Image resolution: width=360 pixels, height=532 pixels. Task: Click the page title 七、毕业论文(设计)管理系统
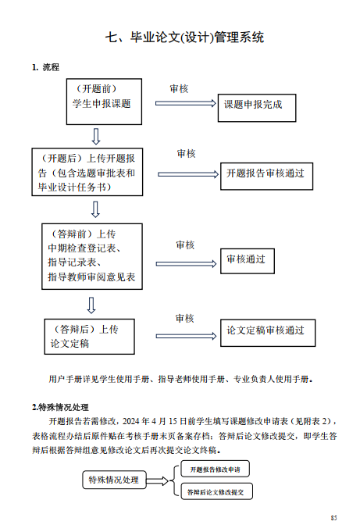[184, 37]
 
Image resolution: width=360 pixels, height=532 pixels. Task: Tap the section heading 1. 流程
[45, 67]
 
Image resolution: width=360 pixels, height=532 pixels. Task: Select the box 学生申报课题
[104, 102]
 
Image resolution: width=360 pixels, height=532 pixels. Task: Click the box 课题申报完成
[257, 108]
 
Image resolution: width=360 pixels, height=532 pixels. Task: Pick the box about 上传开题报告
[87, 172]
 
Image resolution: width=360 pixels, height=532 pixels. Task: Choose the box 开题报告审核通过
[267, 176]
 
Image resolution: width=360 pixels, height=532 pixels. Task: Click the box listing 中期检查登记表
[92, 256]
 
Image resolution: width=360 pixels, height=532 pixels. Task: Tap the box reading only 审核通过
[248, 261]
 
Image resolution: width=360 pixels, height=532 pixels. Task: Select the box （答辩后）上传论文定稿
[90, 337]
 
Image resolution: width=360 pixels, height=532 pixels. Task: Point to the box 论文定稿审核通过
[268, 333]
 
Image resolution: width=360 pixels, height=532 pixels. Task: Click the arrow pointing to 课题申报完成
[186, 103]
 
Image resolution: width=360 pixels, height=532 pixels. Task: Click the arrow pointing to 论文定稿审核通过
[186, 336]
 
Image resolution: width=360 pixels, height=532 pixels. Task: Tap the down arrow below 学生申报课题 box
[96, 137]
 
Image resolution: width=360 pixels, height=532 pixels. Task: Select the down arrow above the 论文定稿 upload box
[91, 305]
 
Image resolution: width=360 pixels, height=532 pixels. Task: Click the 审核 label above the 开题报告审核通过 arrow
[186, 154]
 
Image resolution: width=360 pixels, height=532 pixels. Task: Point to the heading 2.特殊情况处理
[60, 407]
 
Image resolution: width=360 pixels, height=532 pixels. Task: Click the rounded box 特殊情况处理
[114, 480]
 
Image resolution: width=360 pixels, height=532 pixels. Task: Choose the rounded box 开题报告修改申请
[215, 470]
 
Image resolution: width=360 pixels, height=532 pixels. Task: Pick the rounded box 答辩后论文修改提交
[216, 491]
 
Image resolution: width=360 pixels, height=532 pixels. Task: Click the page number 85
[334, 518]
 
